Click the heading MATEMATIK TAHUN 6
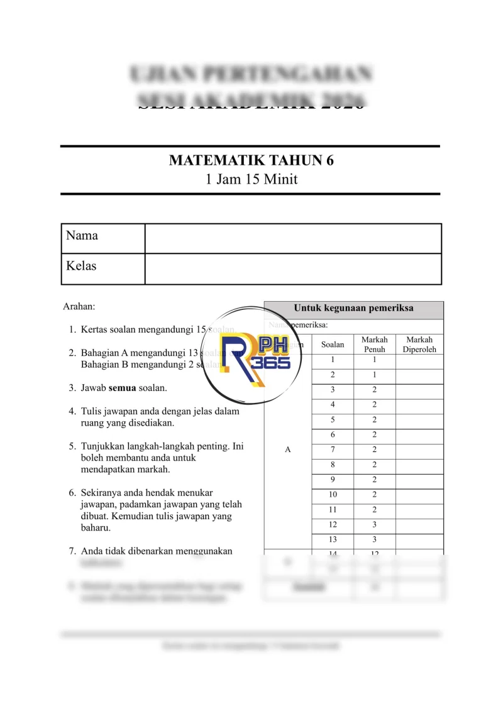251,160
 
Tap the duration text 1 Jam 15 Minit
251,179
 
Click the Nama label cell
103,238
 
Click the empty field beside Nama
292,238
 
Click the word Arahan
79,307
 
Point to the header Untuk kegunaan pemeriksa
353,309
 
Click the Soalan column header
333,344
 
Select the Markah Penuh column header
374,344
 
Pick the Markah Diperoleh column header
419,344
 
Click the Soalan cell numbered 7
333,449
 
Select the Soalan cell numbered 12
333,524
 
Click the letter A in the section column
288,449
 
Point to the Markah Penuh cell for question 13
374,539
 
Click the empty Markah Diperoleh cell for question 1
419,360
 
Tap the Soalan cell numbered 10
333,494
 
